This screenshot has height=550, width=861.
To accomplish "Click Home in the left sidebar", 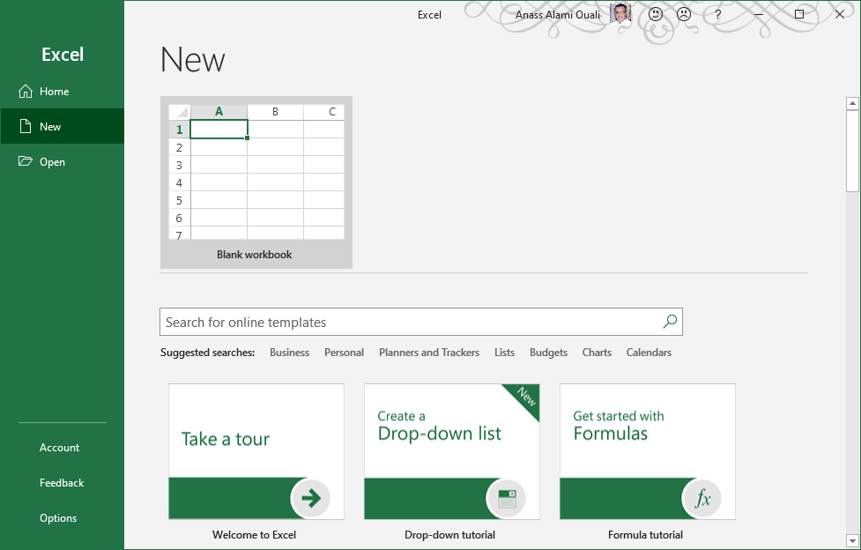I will pyautogui.click(x=53, y=92).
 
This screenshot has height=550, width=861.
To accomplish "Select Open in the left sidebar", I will pyautogui.click(x=51, y=162).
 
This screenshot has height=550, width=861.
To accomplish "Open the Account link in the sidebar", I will pyautogui.click(x=59, y=448).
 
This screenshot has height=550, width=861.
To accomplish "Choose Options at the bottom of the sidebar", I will pyautogui.click(x=58, y=518).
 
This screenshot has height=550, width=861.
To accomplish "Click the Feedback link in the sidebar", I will pyautogui.click(x=62, y=483).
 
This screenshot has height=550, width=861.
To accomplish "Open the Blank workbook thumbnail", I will pyautogui.click(x=256, y=182).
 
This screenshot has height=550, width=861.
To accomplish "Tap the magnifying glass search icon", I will pyautogui.click(x=670, y=322).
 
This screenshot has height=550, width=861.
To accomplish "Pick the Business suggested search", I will pyautogui.click(x=289, y=353).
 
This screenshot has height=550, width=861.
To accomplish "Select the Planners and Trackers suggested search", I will pyautogui.click(x=429, y=353).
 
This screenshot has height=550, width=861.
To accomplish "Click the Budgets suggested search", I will pyautogui.click(x=548, y=353).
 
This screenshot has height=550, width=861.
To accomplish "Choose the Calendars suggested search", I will pyautogui.click(x=649, y=353).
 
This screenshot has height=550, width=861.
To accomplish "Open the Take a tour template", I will pyautogui.click(x=256, y=451).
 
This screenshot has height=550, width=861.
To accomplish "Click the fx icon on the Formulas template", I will pyautogui.click(x=702, y=500).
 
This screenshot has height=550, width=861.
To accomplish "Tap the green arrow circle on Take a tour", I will pyautogui.click(x=310, y=500).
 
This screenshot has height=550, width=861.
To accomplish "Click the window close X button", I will pyautogui.click(x=839, y=14).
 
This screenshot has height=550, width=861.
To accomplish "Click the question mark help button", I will pyautogui.click(x=718, y=14).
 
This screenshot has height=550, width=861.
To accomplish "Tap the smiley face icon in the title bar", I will pyautogui.click(x=656, y=14).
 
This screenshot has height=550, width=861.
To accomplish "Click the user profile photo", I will pyautogui.click(x=620, y=14).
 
